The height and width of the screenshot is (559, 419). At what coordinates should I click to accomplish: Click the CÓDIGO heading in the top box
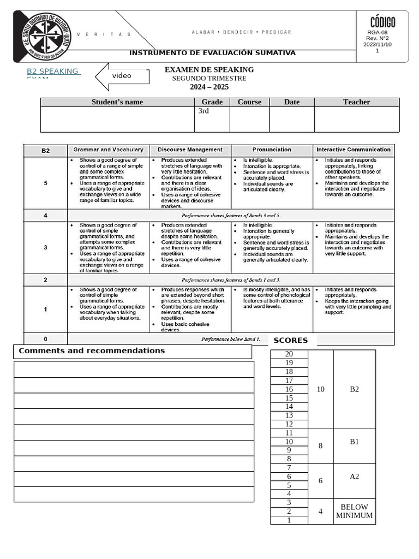pos(382,22)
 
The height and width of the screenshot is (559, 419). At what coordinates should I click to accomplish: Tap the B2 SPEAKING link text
pos(53,72)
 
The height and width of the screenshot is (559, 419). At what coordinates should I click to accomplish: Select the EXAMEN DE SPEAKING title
pos(209,70)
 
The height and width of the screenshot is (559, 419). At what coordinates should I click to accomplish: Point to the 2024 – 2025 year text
pos(209,87)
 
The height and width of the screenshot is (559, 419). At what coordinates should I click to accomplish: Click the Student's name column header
pos(117,102)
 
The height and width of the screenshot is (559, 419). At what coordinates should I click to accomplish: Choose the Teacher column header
pos(356,102)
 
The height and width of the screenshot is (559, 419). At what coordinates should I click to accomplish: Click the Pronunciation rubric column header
pos(272,150)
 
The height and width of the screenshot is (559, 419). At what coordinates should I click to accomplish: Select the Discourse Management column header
pos(190,150)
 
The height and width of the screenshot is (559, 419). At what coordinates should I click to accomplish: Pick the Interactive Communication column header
pos(354,150)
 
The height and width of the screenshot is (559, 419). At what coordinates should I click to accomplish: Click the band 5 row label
pos(45,183)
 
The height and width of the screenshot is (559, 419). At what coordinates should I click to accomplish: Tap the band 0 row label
pos(45,339)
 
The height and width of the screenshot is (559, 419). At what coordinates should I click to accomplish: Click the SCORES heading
pos(291,340)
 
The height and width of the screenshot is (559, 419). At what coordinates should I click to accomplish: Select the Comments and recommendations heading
pos(92,351)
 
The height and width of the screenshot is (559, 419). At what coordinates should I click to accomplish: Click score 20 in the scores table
pos(289,354)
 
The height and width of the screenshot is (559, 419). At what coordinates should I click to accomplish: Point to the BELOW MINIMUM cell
pos(354,511)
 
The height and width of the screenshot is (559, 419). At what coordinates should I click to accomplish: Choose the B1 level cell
pos(354,442)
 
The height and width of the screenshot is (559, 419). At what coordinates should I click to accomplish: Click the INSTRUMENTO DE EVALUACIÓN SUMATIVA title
pos(212,53)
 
